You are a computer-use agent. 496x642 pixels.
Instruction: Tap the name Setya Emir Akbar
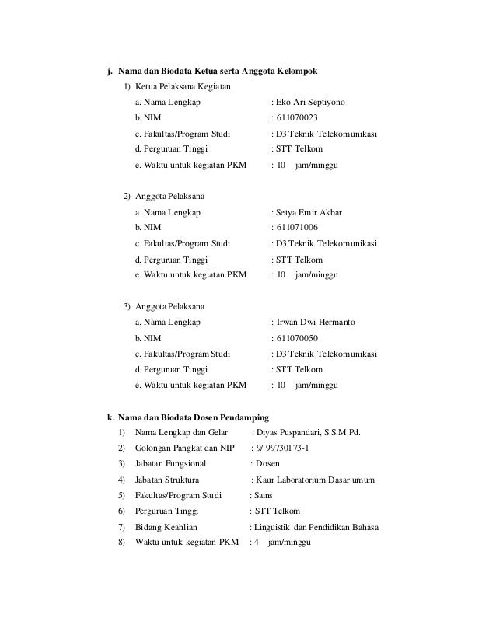click(x=309, y=211)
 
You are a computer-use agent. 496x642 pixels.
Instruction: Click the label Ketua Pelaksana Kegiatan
click(x=182, y=85)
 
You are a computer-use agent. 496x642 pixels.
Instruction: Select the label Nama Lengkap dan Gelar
click(x=180, y=433)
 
